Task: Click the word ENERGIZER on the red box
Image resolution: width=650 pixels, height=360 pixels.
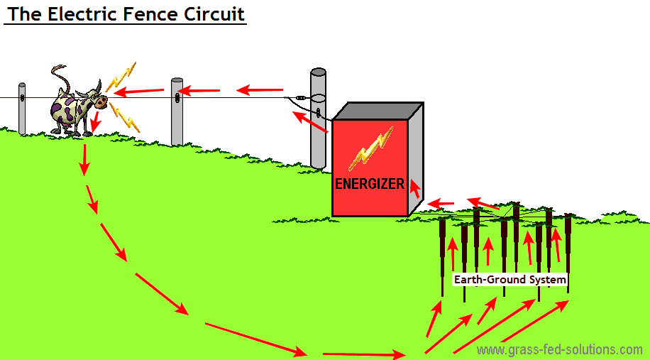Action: click(369, 184)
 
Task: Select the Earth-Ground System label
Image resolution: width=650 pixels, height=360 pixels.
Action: click(510, 280)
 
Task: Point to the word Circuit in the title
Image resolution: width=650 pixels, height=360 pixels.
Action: click(216, 13)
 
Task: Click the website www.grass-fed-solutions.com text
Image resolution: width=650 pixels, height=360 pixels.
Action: click(559, 349)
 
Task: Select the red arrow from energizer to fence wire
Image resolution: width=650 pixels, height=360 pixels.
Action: click(310, 121)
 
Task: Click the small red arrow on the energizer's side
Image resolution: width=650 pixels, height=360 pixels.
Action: click(414, 188)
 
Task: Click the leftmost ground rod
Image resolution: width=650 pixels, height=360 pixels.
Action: click(443, 249)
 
